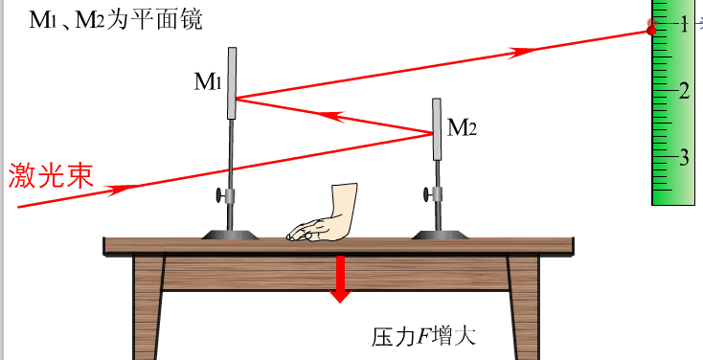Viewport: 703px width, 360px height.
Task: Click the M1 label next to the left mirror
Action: [208, 82]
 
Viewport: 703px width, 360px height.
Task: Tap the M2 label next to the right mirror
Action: [462, 126]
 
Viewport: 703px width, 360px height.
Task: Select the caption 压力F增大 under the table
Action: [423, 337]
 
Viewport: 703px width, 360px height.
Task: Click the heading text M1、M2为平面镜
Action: [116, 20]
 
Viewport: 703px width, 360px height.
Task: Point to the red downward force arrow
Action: [339, 279]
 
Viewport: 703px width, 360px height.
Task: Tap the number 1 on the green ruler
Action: [684, 26]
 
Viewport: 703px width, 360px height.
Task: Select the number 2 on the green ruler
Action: [684, 91]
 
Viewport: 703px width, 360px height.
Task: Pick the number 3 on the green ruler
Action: [684, 157]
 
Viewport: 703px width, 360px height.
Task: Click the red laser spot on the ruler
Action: [652, 30]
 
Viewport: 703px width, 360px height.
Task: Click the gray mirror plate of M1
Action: [233, 81]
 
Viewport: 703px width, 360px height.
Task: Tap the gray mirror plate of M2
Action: [437, 129]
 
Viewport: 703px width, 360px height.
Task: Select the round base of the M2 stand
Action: [437, 233]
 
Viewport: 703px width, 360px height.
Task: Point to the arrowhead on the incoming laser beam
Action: [119, 189]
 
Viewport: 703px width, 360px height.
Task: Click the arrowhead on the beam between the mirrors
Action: [334, 116]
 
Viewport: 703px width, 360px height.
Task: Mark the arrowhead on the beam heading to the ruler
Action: [523, 52]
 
